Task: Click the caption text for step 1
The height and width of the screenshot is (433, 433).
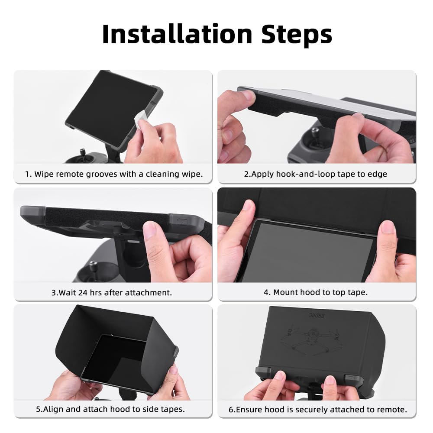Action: pyautogui.click(x=113, y=174)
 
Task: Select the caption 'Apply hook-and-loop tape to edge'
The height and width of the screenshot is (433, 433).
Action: pyautogui.click(x=315, y=174)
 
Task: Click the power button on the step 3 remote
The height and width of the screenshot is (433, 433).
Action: pyautogui.click(x=181, y=221)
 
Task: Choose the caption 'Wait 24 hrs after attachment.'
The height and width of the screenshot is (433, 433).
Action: pyautogui.click(x=112, y=292)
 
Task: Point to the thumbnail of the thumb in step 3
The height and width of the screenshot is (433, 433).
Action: pyautogui.click(x=149, y=230)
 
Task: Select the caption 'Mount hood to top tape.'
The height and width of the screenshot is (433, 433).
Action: pyautogui.click(x=316, y=292)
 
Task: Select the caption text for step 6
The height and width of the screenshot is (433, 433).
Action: pyautogui.click(x=317, y=409)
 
